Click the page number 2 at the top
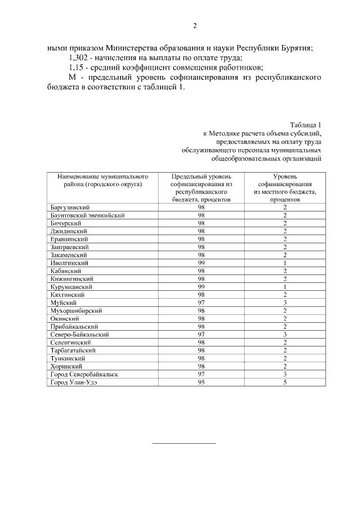(195, 26)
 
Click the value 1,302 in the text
(79, 58)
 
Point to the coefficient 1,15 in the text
(77, 69)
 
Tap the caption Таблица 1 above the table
(305, 124)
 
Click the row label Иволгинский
(69, 263)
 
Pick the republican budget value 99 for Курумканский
(201, 286)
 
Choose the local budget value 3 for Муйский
(285, 302)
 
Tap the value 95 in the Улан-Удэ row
(201, 382)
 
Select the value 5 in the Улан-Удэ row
(285, 382)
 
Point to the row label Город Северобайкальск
(84, 374)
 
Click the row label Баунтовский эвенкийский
(87, 215)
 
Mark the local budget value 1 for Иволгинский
(285, 263)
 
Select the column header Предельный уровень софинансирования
(201, 188)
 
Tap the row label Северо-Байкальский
(79, 334)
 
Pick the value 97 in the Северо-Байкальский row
(201, 334)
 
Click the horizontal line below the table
(184, 443)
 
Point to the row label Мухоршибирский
(77, 310)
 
